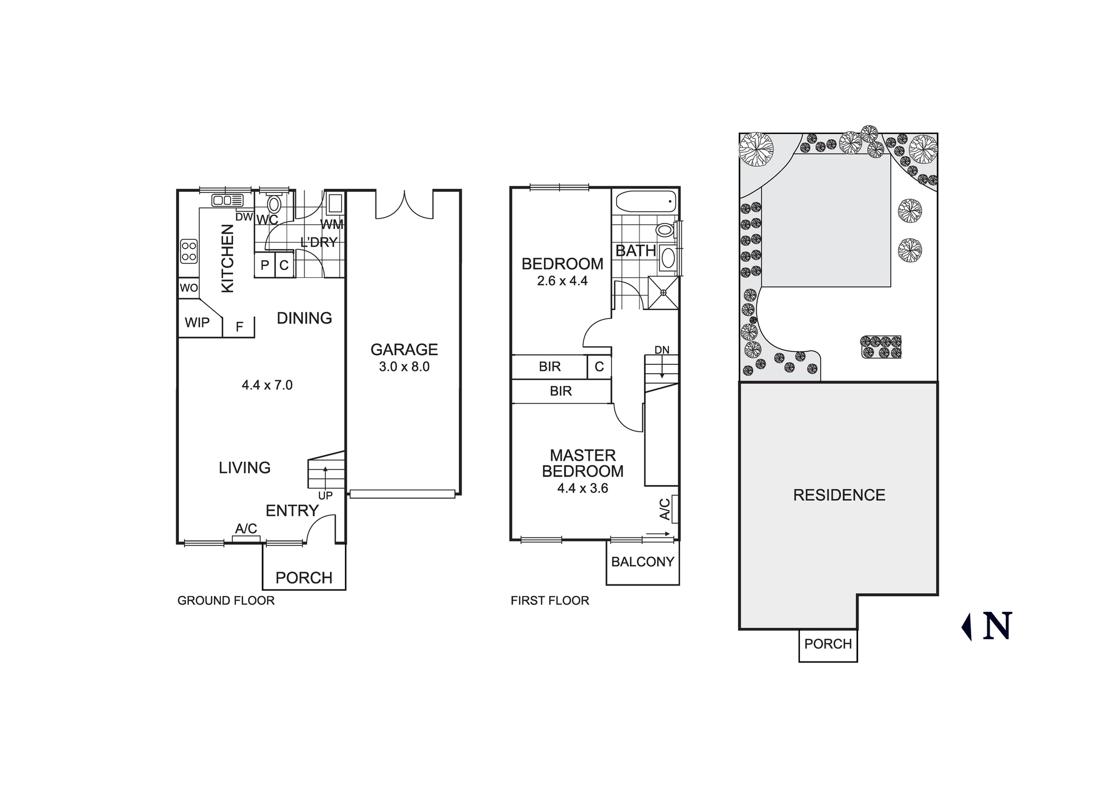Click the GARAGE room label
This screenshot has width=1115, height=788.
(x=404, y=350)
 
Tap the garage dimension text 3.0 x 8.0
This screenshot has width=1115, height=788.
(x=404, y=367)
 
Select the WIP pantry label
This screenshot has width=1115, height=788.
(x=197, y=322)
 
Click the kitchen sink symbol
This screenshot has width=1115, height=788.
(x=227, y=200)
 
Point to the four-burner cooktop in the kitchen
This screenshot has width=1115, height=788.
(x=189, y=251)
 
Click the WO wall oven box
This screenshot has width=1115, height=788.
(x=188, y=288)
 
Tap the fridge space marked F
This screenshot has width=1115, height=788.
(x=239, y=327)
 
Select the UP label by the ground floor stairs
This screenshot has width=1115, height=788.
(x=325, y=496)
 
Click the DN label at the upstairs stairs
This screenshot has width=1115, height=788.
(x=662, y=350)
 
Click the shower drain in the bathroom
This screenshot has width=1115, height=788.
(x=663, y=292)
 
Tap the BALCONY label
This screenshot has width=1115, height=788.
(x=642, y=562)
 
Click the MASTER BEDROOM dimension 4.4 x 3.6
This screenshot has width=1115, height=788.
(x=583, y=489)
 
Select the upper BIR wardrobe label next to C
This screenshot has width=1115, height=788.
(x=550, y=367)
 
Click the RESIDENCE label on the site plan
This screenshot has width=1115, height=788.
(x=839, y=495)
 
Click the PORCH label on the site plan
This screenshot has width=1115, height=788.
(x=828, y=644)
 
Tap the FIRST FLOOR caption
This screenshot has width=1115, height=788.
(x=550, y=601)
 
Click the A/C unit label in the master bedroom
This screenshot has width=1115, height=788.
(x=665, y=509)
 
